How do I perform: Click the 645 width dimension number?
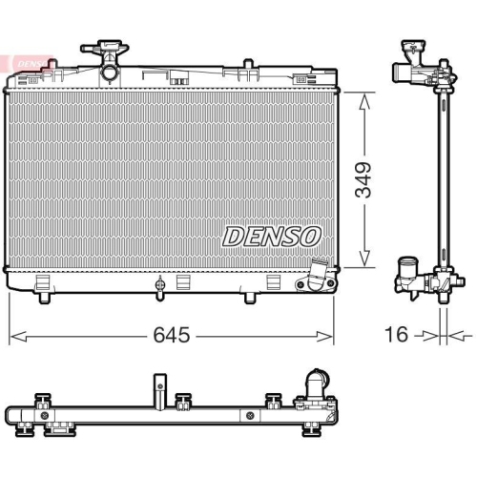pos(171,336)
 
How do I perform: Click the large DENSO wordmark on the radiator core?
pos(273,236)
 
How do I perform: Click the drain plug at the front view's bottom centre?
pos(160,283)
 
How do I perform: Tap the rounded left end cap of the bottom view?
pos(11,415)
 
